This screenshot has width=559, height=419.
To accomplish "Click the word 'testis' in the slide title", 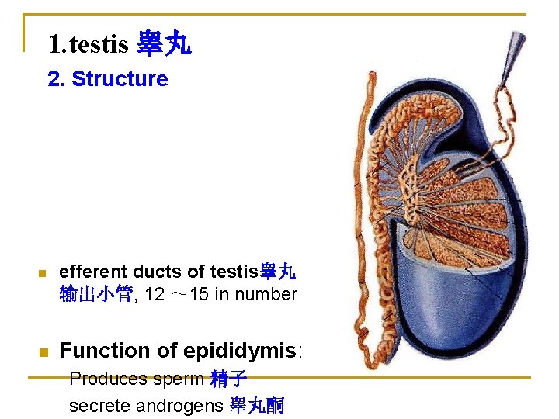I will coord(99,44).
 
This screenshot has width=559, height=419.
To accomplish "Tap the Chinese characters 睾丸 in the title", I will coord(163,43).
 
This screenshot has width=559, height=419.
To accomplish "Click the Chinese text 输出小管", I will coord(96,294).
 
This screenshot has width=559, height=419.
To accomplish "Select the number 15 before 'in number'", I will coord(199,294).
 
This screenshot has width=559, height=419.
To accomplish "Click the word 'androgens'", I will coord(179,405).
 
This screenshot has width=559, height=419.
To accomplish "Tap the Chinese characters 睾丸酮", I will coord(257,405).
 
